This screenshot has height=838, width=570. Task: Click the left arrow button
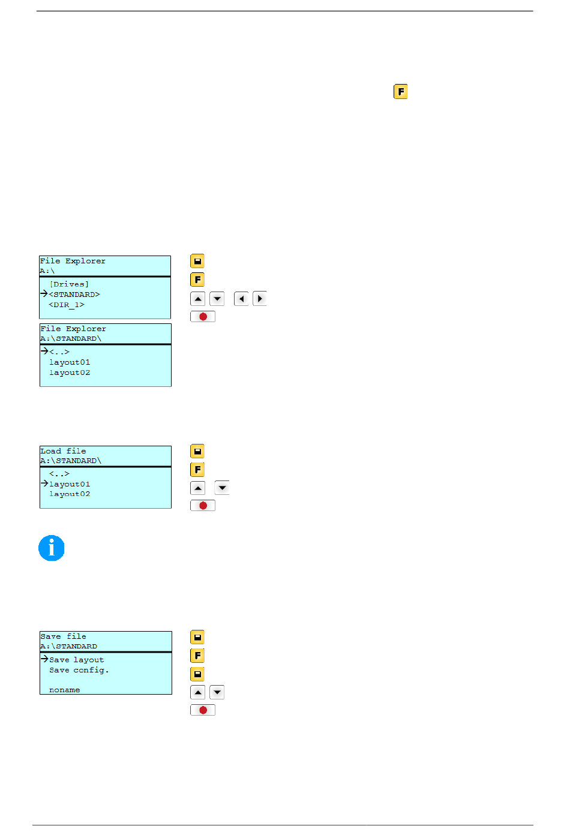click(x=241, y=299)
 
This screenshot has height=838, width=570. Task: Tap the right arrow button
click(x=260, y=299)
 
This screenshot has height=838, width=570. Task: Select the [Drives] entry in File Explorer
click(x=69, y=284)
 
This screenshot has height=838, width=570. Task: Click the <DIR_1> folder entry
click(x=67, y=305)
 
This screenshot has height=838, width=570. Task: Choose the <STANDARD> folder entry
click(x=74, y=295)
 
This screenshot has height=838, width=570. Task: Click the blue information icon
click(x=51, y=548)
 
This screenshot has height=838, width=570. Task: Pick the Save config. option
click(x=79, y=670)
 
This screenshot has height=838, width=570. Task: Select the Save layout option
click(x=77, y=660)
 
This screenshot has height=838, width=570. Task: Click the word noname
click(x=64, y=690)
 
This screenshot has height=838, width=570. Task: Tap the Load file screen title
click(x=63, y=451)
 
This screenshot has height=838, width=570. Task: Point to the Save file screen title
click(x=63, y=636)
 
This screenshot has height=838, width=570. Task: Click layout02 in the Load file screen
click(x=70, y=494)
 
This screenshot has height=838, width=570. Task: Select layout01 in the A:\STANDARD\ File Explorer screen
click(x=70, y=362)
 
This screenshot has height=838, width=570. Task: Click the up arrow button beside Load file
click(x=197, y=488)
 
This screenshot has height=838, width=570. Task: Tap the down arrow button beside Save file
click(x=217, y=692)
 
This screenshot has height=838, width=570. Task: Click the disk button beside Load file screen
click(x=197, y=452)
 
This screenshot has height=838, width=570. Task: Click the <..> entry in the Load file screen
click(x=59, y=474)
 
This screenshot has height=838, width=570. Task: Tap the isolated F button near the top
click(x=400, y=92)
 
